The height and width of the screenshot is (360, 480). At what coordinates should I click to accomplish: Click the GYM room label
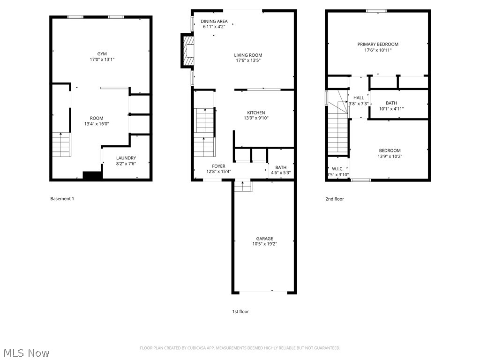102,53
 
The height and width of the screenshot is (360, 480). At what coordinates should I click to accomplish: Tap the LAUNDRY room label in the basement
126,158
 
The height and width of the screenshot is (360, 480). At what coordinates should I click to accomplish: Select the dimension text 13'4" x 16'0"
97,124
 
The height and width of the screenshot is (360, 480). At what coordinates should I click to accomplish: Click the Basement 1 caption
62,199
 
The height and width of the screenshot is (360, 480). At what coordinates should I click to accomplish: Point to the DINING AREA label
214,21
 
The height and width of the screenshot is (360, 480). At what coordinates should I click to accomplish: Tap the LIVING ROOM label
248,55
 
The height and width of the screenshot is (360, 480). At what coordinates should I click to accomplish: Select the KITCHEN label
256,112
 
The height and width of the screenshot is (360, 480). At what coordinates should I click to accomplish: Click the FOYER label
218,166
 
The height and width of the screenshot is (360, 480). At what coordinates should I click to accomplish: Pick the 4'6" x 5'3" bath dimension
280,173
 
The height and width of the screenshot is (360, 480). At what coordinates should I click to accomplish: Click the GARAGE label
264,238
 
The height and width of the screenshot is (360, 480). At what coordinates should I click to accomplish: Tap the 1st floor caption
240,311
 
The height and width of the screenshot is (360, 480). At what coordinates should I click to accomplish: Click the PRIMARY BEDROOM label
378,44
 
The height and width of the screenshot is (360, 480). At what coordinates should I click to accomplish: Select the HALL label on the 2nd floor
359,97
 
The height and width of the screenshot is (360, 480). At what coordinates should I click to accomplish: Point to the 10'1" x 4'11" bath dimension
391,109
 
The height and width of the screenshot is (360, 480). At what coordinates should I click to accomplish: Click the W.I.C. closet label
337,169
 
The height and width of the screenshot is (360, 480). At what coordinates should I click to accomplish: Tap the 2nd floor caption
335,199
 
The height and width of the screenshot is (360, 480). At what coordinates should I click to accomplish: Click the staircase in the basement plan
60,145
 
